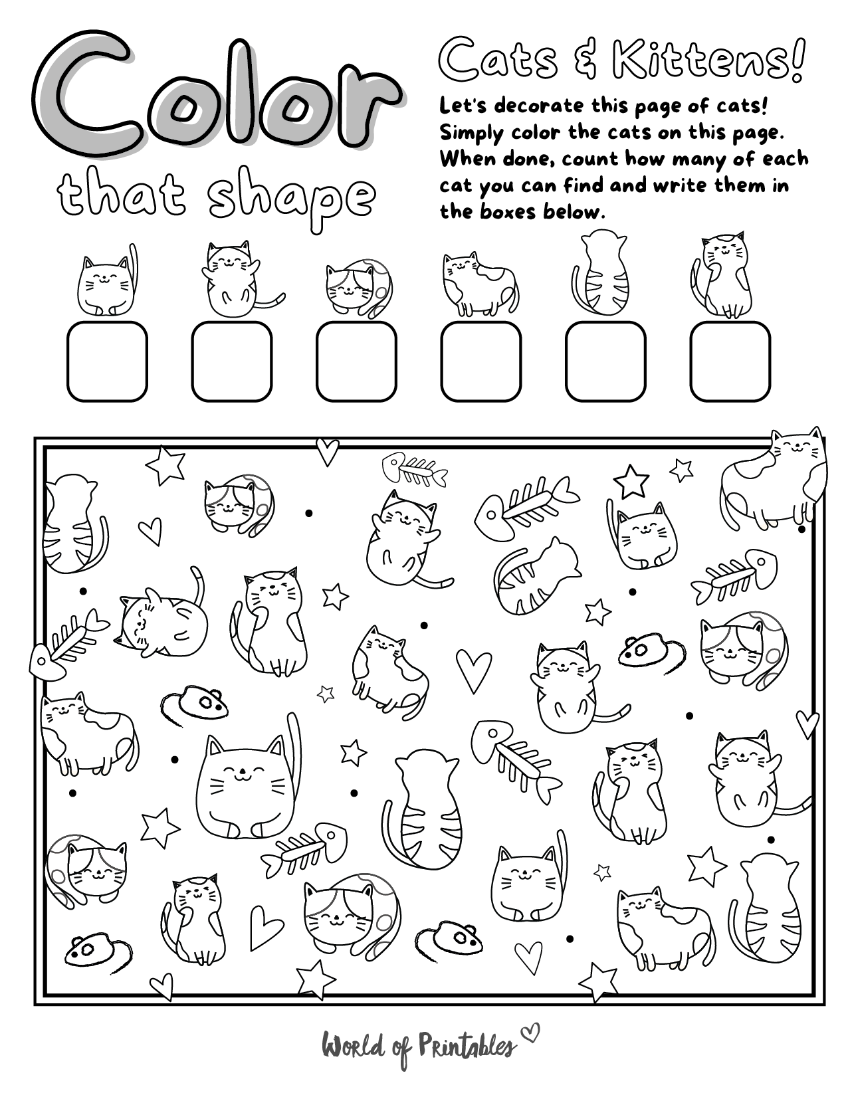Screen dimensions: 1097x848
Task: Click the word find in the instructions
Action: [584, 185]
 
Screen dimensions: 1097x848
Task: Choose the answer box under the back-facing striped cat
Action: [605, 361]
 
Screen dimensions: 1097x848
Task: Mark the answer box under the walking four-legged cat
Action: [480, 361]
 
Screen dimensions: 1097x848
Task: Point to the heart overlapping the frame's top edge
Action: [327, 450]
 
